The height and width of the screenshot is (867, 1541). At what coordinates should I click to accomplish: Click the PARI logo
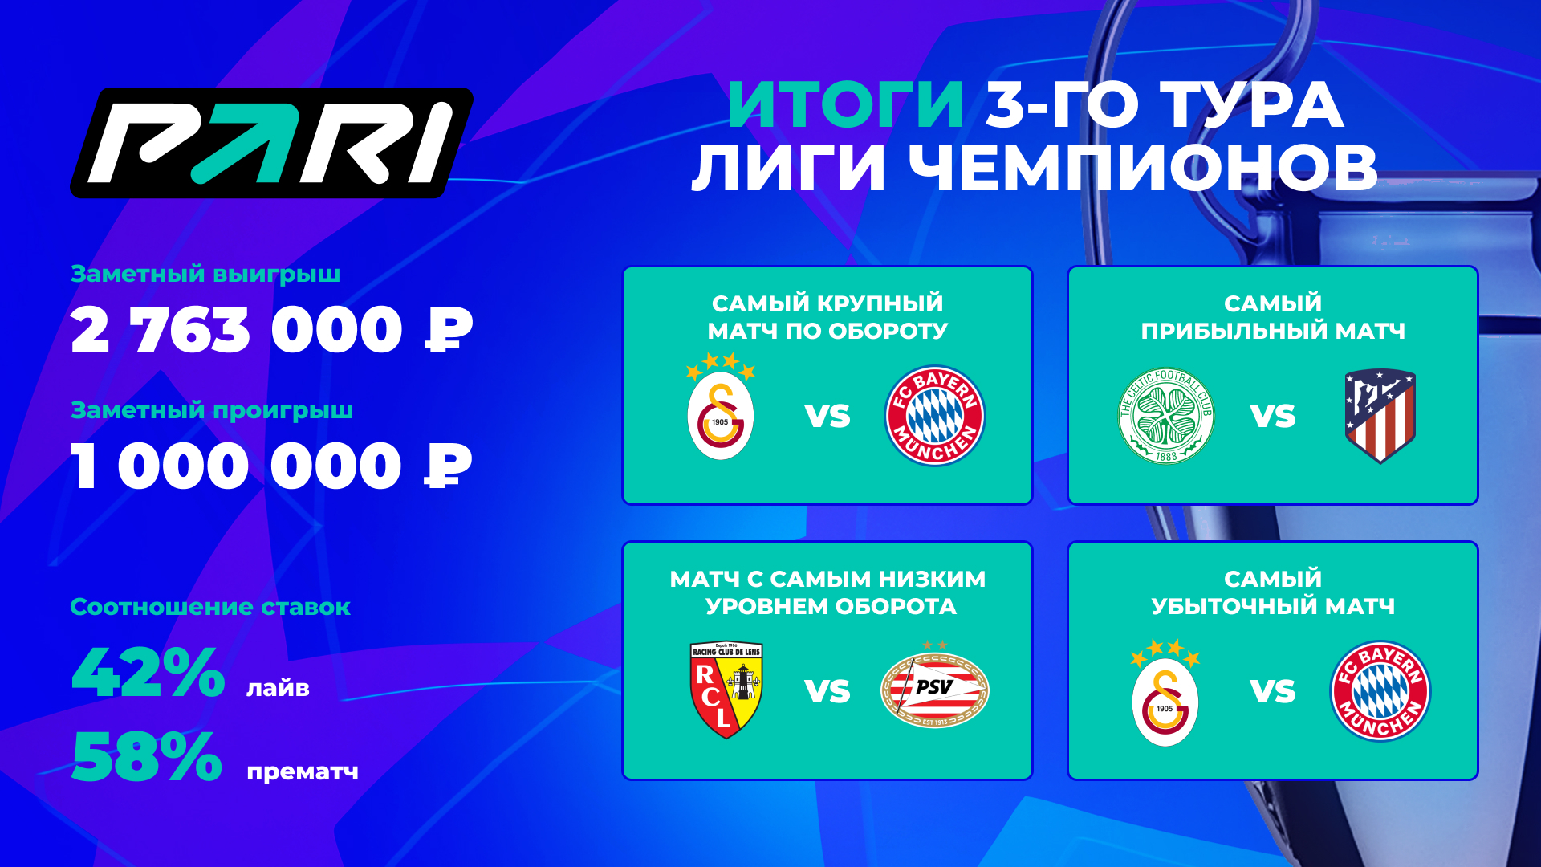[x=272, y=143]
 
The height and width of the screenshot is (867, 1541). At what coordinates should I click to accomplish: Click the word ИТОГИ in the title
[x=846, y=105]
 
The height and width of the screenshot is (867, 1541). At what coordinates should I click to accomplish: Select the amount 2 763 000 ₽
[x=271, y=330]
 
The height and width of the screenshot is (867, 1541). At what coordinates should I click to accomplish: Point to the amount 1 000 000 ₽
[x=271, y=466]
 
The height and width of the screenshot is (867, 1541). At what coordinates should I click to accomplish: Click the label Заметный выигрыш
[x=205, y=275]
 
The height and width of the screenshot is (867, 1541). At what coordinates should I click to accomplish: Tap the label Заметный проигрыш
[x=212, y=411]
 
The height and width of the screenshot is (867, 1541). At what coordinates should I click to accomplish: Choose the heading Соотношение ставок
[x=210, y=607]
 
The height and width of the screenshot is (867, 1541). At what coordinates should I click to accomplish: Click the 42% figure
[x=148, y=672]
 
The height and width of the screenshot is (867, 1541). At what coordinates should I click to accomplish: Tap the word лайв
[x=278, y=689]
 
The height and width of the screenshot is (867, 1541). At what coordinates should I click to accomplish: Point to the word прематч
[x=303, y=772]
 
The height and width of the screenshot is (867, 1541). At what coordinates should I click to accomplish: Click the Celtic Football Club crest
[x=1166, y=416]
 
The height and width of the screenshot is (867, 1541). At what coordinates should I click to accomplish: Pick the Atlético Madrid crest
[x=1380, y=416]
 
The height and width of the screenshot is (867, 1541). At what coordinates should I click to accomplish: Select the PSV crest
[x=935, y=686]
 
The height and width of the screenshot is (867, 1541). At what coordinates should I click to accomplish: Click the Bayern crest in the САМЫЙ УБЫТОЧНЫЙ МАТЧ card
[x=1380, y=690]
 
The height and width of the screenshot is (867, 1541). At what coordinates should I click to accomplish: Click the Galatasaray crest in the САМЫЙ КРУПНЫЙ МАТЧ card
[x=721, y=407]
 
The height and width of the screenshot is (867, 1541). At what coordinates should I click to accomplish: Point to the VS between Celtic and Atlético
[x=1273, y=417]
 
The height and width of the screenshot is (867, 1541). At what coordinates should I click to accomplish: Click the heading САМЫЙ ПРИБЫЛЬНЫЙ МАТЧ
[x=1273, y=317]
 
